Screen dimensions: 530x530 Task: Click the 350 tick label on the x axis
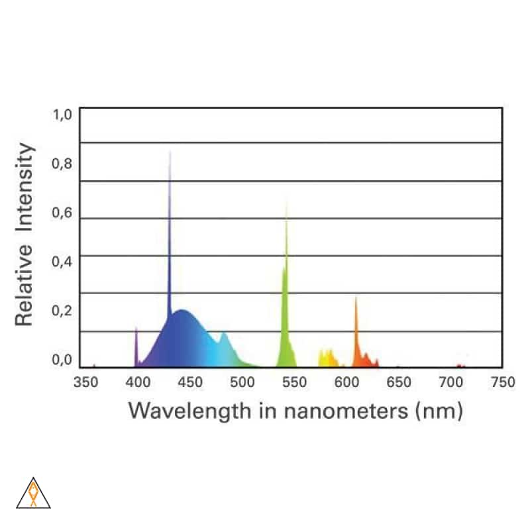85,382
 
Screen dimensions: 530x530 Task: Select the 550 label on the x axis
293,382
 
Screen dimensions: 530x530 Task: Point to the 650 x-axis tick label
398,382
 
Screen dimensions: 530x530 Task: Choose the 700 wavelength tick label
450,382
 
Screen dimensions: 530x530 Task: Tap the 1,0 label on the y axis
62,115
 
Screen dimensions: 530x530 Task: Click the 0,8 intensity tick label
62,164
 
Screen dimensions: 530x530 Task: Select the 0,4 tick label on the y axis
62,262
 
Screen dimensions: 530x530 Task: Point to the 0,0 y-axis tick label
62,360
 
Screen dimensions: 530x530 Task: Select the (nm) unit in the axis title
438,411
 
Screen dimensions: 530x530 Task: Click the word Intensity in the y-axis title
25,187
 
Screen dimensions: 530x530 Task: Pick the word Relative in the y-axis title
25,286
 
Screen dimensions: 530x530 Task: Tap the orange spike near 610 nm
356,331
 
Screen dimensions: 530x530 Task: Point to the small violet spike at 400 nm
136,344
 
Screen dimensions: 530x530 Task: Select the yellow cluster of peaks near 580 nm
327,358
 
